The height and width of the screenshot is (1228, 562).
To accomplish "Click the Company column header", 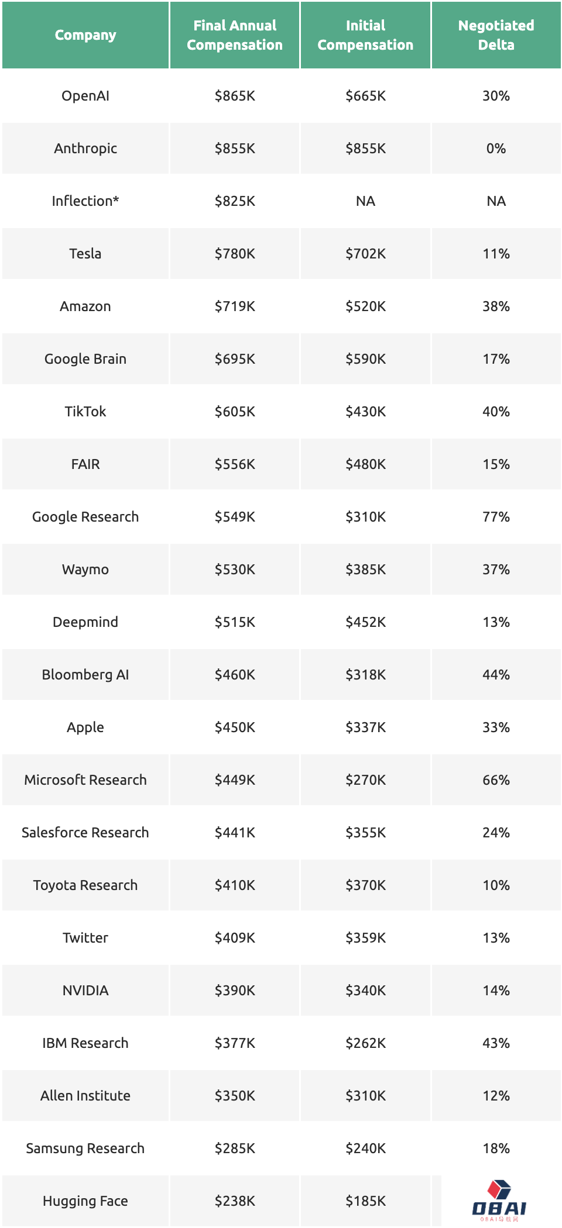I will click(x=85, y=35).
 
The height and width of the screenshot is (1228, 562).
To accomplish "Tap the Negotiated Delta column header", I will click(x=496, y=35).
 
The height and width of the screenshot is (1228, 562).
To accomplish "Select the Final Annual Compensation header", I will click(x=235, y=35).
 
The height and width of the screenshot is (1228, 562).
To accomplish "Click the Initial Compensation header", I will click(x=365, y=35).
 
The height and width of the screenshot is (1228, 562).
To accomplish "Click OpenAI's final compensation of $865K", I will click(x=235, y=96).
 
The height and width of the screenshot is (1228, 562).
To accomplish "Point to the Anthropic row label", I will click(x=85, y=149).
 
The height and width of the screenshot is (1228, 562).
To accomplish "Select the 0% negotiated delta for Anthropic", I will click(x=496, y=149).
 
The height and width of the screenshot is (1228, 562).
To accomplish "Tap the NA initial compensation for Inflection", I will click(x=365, y=201).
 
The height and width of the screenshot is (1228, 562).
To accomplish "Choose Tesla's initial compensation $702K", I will click(x=365, y=254).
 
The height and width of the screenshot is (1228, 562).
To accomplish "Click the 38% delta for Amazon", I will click(x=496, y=306).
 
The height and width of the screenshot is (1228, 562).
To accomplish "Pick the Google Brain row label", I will click(x=85, y=359).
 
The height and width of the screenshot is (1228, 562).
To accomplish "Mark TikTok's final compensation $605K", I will click(x=235, y=412).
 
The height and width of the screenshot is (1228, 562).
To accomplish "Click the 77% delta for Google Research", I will click(x=496, y=517).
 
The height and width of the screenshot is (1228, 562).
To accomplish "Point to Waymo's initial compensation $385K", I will click(x=365, y=570).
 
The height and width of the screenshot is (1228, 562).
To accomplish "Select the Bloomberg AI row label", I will click(x=85, y=675).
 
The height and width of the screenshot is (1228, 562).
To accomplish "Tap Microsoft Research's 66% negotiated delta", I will click(x=496, y=780).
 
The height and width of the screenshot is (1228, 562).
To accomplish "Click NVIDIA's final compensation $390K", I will click(x=235, y=991).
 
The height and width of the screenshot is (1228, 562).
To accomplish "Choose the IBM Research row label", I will click(x=85, y=1043).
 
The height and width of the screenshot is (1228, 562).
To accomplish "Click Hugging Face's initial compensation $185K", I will click(x=365, y=1201).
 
